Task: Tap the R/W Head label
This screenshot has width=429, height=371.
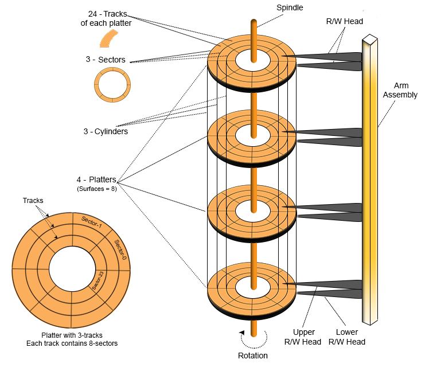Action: point(344,21)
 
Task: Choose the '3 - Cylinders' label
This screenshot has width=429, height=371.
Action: point(105,131)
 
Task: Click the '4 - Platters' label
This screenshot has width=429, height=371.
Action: point(96,179)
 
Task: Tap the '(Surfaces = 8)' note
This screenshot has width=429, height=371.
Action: point(96,189)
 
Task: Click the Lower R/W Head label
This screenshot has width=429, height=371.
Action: point(347,337)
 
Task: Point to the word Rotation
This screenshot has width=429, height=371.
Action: point(252,356)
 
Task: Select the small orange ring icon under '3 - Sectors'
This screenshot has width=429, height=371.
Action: point(112,85)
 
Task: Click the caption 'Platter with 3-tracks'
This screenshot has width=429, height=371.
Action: point(71,335)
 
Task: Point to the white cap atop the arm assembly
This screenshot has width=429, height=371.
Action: point(370,39)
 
